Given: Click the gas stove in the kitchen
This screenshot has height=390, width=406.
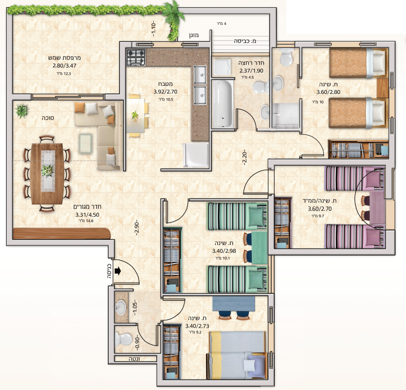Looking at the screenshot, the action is pos(136,57).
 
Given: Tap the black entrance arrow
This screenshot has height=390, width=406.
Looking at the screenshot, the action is pos(118,271).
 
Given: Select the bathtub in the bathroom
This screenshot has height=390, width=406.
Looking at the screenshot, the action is pos(223,104).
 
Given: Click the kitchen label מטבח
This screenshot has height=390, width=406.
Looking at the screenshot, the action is pos(165,84).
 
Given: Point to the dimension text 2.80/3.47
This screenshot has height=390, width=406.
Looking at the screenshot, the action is pos(64,65).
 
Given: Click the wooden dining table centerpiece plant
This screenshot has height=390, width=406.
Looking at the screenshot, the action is pos(47,171).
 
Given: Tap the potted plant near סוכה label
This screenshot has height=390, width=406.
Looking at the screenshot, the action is pos(22,111).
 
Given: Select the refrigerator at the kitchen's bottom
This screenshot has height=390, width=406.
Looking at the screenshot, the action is pos(196,155).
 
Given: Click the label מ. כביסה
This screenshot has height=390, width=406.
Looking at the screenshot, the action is pos(245,41).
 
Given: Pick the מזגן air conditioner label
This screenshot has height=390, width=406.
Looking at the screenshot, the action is pos(194,35).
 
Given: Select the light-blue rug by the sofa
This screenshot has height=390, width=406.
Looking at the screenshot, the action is pos(85,144).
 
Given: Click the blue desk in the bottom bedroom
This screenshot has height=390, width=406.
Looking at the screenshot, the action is pos(234,304).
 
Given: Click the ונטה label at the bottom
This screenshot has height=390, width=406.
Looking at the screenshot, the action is pos(134,359).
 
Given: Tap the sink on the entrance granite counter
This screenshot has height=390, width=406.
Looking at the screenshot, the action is pos(121,308).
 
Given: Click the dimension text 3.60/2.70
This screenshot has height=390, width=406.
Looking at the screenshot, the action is pos(320,209).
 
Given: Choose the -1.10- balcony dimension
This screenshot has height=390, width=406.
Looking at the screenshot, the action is pos(153,29).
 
